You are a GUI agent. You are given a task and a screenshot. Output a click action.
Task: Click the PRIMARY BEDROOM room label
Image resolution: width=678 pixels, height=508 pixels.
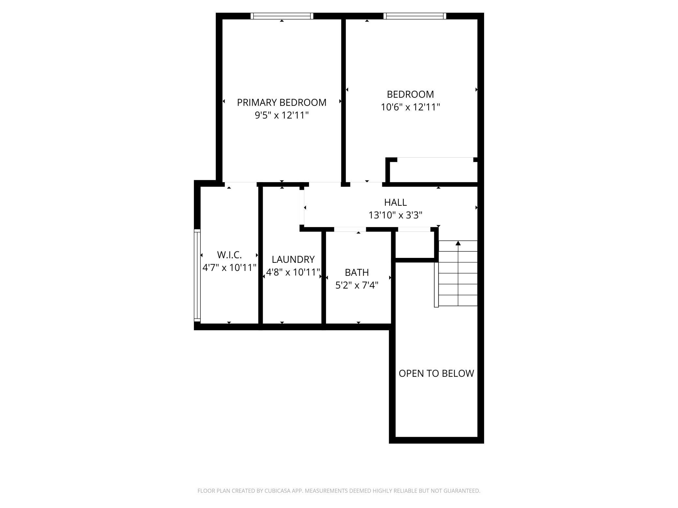(x=281, y=103)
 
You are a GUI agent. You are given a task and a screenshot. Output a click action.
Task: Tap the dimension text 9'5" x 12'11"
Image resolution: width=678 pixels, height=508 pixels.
(x=281, y=115)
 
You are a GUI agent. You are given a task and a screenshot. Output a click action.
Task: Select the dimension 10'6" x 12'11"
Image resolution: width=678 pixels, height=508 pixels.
(x=410, y=107)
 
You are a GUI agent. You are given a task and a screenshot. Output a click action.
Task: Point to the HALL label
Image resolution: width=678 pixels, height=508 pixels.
(x=395, y=203)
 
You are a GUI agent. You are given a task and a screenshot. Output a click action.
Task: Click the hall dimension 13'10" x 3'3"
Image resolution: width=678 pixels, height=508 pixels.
(x=395, y=215)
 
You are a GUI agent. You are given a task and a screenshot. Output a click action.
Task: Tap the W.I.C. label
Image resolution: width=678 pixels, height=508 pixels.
(x=229, y=255)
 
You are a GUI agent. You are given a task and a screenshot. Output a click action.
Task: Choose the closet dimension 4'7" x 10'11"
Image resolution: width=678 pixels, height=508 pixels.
(x=229, y=268)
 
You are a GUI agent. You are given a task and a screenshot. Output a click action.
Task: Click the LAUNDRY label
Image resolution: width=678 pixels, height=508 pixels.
(x=293, y=260)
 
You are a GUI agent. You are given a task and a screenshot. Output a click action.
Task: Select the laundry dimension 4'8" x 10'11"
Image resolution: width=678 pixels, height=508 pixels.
(x=293, y=272)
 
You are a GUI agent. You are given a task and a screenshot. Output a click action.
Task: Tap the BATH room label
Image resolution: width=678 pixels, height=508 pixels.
(x=357, y=272)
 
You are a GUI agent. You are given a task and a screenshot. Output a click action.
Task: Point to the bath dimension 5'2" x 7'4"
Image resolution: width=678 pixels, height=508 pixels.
(x=357, y=286)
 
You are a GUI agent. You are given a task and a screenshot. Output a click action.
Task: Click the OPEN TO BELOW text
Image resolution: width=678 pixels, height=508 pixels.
(x=436, y=374)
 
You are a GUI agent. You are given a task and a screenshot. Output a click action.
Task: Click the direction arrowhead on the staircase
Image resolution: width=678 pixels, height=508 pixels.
(x=458, y=243)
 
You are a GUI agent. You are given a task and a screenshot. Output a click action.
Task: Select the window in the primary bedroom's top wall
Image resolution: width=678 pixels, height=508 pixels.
(x=282, y=16)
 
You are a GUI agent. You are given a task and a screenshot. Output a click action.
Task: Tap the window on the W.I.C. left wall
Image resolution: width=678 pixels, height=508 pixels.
(x=197, y=275)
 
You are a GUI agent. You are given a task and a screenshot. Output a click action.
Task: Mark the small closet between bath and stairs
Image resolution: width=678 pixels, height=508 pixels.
(x=415, y=244)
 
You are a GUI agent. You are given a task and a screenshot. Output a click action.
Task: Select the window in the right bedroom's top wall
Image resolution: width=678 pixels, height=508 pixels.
(x=414, y=16)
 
